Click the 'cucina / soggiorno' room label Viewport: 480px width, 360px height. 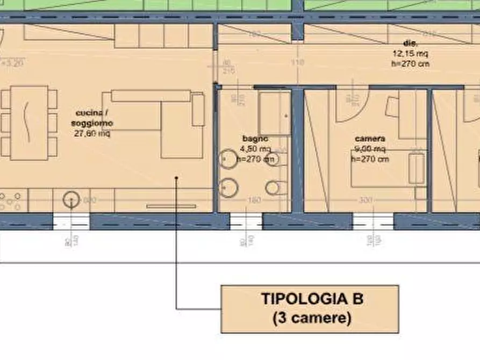click(94, 118)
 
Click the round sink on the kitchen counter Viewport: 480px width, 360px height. click(70, 201)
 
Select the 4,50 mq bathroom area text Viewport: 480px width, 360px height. click(256, 149)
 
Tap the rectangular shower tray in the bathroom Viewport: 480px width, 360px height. click(274, 114)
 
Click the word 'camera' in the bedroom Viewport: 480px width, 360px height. click(369, 139)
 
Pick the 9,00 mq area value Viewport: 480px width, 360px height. click(369, 149)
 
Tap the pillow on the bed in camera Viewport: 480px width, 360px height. click(417, 169)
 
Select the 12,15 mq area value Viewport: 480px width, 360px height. click(410, 54)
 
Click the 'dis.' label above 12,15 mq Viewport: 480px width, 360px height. click(411, 43)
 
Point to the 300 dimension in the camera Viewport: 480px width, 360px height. click(366, 200)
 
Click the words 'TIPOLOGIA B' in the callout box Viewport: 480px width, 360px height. click(312, 299)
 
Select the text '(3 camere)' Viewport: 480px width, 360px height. click(312, 318)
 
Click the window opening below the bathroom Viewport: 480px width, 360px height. click(246, 221)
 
